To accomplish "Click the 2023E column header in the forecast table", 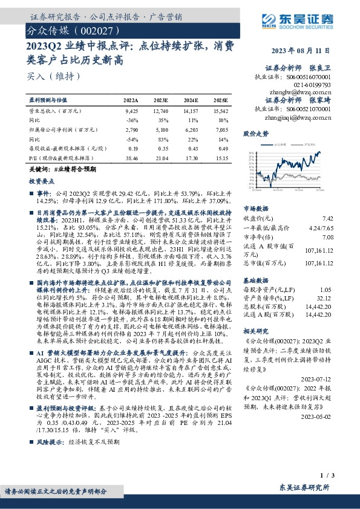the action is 161,100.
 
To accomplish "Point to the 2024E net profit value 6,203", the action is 192,129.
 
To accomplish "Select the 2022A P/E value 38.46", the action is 131,156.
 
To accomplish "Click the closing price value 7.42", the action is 327,218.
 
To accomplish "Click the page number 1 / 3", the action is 326,477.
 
